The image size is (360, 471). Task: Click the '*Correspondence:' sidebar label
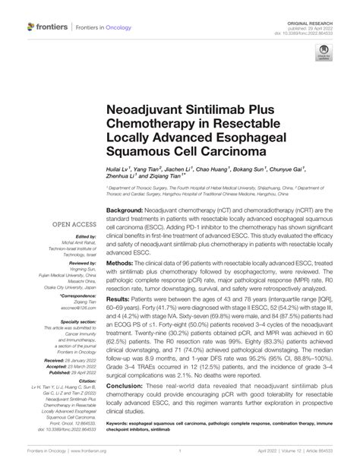click(75, 296)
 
